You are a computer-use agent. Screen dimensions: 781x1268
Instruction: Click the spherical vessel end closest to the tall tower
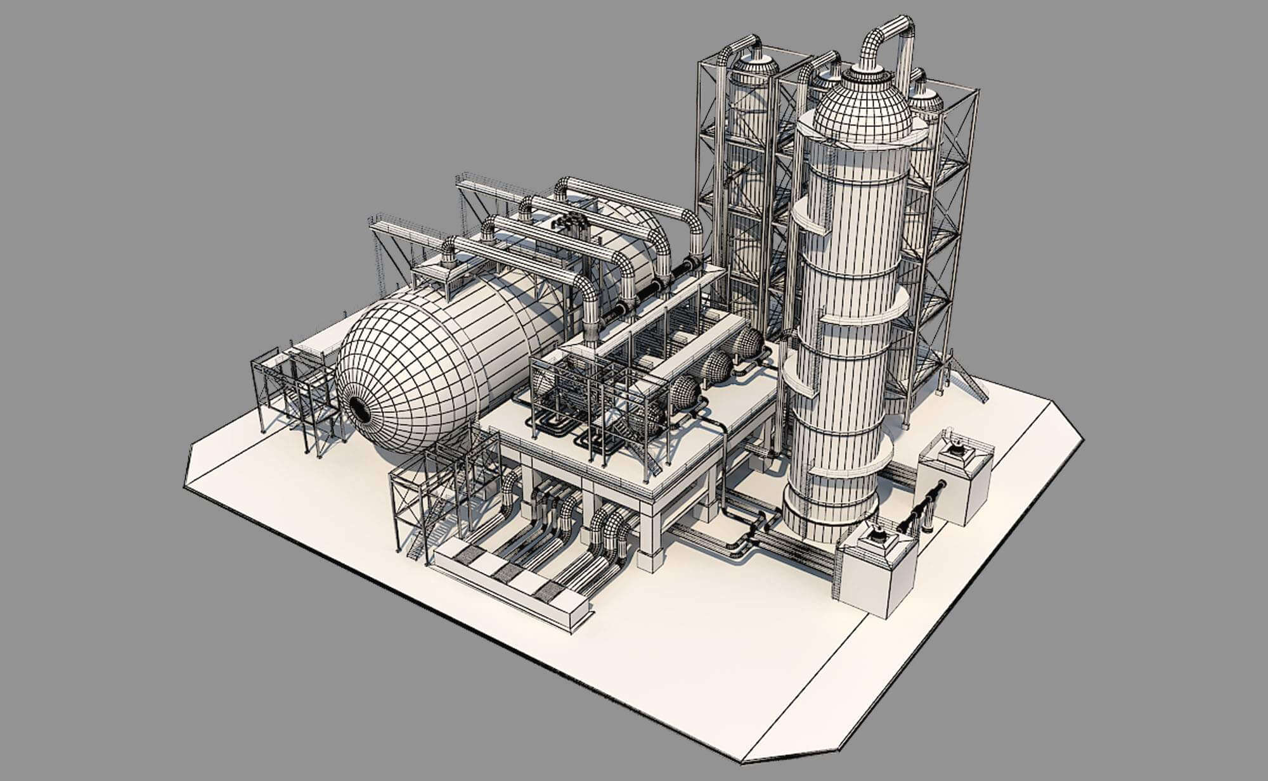click(748, 345)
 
